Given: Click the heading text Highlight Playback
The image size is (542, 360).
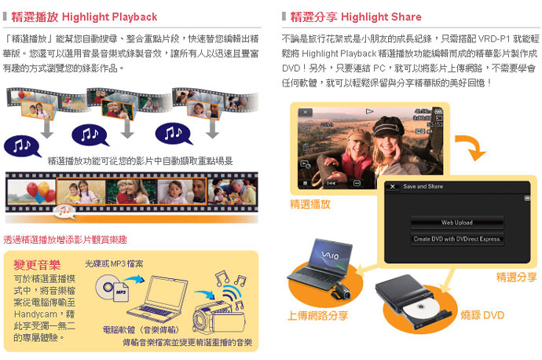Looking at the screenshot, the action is pyautogui.click(x=109, y=17).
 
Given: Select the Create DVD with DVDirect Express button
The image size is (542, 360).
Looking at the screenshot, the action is pyautogui.click(x=456, y=239).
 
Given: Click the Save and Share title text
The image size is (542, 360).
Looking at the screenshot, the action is pyautogui.click(x=423, y=186).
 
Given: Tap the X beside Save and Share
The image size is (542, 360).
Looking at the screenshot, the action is pyautogui.click(x=392, y=186).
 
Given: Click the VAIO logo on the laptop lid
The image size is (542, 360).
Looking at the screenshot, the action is pyautogui.click(x=330, y=255).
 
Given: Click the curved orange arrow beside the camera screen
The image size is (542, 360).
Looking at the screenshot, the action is pyautogui.click(x=471, y=147).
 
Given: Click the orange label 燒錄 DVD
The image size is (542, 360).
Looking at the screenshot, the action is pyautogui.click(x=482, y=315).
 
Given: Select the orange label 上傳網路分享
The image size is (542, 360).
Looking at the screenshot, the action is pyautogui.click(x=318, y=316).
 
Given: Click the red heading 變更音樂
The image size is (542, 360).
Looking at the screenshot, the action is pyautogui.click(x=37, y=265).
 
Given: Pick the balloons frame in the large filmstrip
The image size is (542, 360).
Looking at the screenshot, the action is pyautogui.click(x=31, y=192).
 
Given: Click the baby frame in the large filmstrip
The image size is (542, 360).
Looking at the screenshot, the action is pyautogui.click(x=181, y=192).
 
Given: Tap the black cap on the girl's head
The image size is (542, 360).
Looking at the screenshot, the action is pyautogui.click(x=388, y=126).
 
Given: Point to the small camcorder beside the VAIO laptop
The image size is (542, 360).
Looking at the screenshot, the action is pyautogui.click(x=340, y=291).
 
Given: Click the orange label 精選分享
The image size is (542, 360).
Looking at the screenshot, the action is pyautogui.click(x=516, y=277).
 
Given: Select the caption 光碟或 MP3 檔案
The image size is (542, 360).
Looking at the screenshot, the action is pyautogui.click(x=114, y=264).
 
